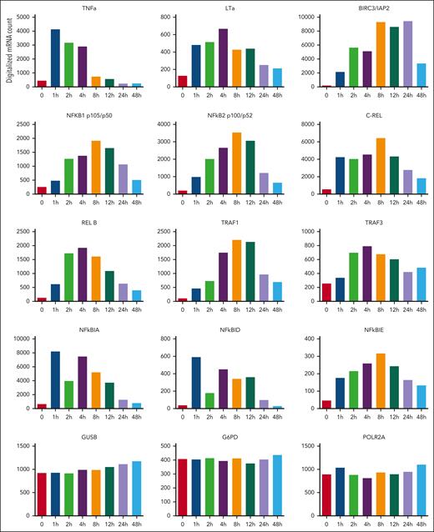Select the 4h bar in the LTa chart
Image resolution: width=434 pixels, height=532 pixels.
click(223, 58)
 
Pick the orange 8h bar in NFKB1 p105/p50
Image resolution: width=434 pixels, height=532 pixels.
click(96, 167)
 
